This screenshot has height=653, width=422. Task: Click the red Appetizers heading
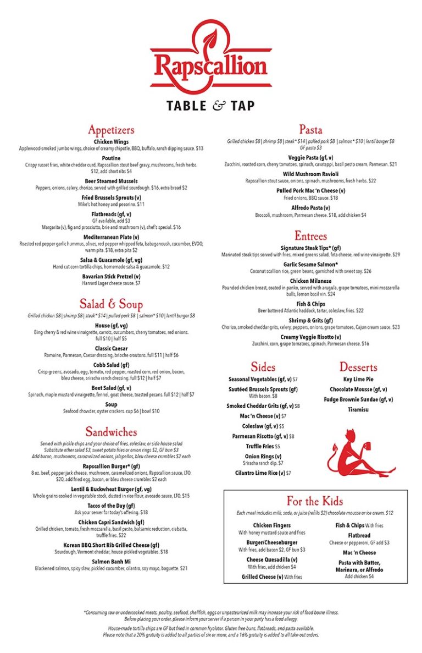coord(111,130)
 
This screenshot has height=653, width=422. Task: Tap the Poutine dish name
coord(111,157)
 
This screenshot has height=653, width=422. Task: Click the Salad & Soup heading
coord(111,304)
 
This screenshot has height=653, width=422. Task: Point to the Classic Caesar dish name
coord(111,349)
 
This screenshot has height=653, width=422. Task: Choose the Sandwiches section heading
coord(111,432)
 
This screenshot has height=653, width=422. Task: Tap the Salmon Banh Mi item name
coord(111,562)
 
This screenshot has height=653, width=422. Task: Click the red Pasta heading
coord(310,130)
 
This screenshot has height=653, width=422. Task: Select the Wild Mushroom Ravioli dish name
coord(310,174)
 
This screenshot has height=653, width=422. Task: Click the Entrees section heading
coord(310,236)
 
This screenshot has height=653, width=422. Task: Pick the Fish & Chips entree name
coord(310,304)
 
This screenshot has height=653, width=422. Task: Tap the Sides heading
coord(263,367)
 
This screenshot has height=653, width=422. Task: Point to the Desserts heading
coord(358,367)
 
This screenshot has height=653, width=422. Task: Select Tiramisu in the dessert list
coord(358,410)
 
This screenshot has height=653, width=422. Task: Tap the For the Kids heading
coord(314,501)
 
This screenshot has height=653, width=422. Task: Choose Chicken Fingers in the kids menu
coord(272,525)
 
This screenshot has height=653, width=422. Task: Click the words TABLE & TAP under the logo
coord(210,106)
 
